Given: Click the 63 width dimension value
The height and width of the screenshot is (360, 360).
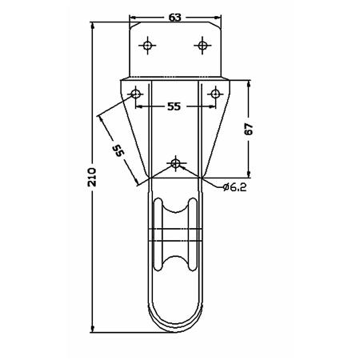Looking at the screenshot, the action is pyautogui.click(x=175, y=18).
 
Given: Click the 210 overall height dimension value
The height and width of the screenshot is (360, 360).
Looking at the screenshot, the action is pyautogui.click(x=92, y=177).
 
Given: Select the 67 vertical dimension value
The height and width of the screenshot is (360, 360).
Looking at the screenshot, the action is pyautogui.click(x=249, y=129).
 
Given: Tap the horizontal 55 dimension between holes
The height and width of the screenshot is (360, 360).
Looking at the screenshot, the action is pyautogui.click(x=174, y=106).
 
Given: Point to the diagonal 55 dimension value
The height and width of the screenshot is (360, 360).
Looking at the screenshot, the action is pyautogui.click(x=118, y=150).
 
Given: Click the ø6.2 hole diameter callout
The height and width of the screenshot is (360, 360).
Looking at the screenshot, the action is pyautogui.click(x=234, y=187).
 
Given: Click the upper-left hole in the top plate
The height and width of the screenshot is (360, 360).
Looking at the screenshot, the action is pyautogui.click(x=147, y=46).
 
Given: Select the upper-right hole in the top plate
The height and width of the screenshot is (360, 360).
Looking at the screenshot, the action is pyautogui.click(x=202, y=46).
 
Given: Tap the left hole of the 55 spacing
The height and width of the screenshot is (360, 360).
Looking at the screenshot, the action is pyautogui.click(x=136, y=94).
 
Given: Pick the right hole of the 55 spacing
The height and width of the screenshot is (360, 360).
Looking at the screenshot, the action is pyautogui.click(x=215, y=94).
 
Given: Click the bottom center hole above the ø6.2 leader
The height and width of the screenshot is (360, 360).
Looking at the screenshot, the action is pyautogui.click(x=175, y=162).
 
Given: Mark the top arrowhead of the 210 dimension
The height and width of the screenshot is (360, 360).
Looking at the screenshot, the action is pyautogui.click(x=93, y=26).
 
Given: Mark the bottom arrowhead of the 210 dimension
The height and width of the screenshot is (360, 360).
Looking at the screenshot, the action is pyautogui.click(x=93, y=329).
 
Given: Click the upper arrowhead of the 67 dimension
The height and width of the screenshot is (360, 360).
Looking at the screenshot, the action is pyautogui.click(x=249, y=83).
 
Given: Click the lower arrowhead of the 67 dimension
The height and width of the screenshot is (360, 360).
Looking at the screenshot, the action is pyautogui.click(x=249, y=174).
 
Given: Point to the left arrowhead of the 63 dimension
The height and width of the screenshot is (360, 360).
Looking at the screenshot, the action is pyautogui.click(x=133, y=18).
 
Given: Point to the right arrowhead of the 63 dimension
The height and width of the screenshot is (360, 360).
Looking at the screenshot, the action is pyautogui.click(x=218, y=18).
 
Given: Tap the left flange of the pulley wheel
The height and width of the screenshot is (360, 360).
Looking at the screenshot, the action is pyautogui.click(x=158, y=234).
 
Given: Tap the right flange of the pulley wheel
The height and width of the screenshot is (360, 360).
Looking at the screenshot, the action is pyautogui.click(x=193, y=234).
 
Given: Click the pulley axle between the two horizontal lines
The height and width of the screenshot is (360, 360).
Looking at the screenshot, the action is pyautogui.click(x=175, y=235).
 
